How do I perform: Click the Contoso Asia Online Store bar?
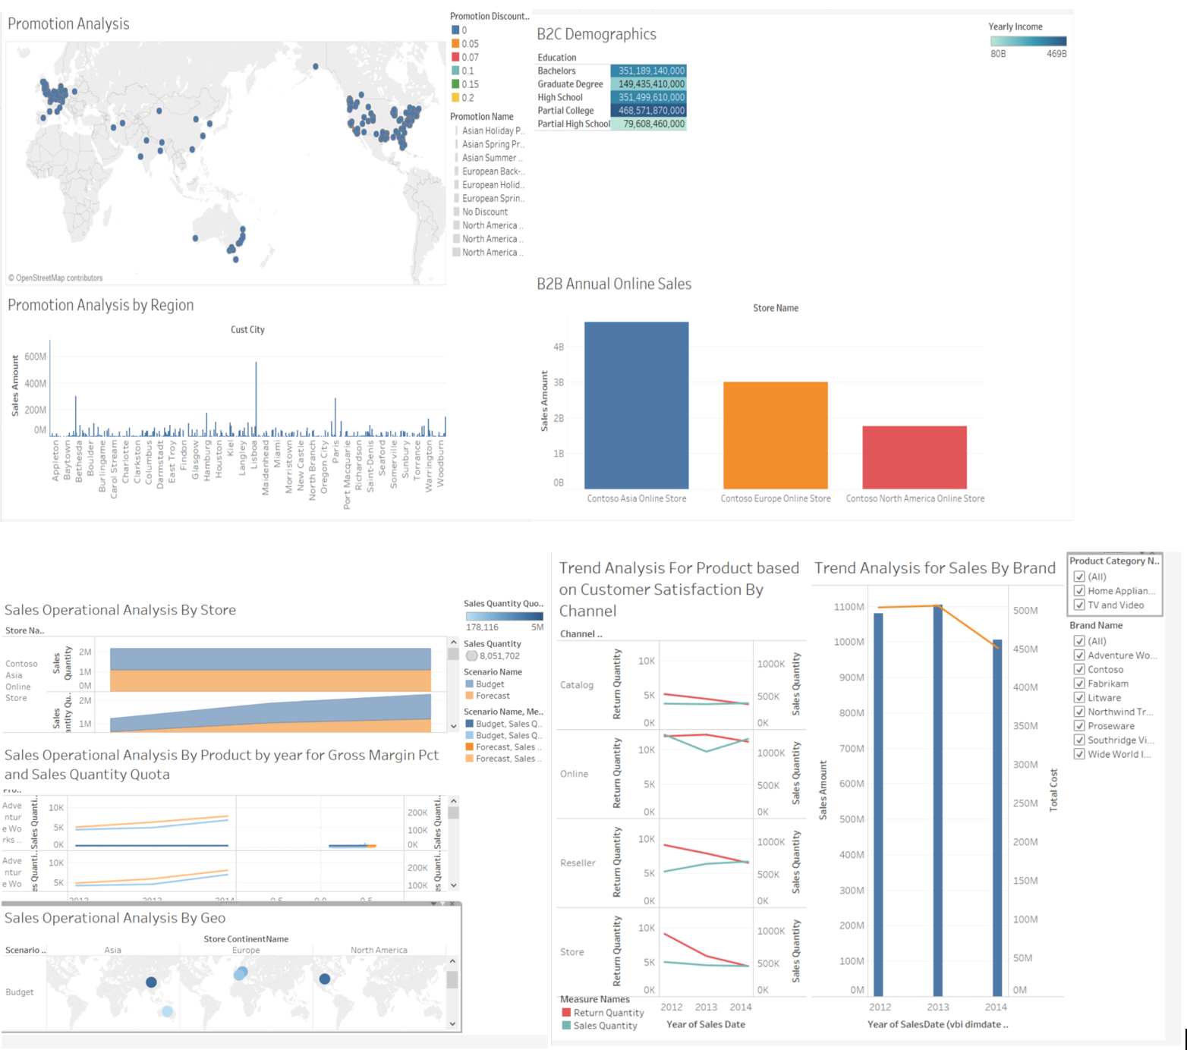[x=636, y=405]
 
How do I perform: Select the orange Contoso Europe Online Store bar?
[x=775, y=435]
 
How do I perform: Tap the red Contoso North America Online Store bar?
[x=914, y=457]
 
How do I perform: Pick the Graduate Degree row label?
[x=570, y=84]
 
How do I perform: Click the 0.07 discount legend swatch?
[x=455, y=57]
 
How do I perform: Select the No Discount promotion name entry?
[x=484, y=212]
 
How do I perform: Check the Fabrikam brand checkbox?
[x=1079, y=684]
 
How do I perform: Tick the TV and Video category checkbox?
[x=1079, y=605]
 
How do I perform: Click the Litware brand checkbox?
[x=1079, y=698]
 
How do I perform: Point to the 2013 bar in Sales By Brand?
[x=937, y=800]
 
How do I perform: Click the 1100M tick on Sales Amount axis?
[x=849, y=607]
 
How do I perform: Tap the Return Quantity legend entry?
[x=608, y=1013]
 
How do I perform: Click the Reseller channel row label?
[x=578, y=863]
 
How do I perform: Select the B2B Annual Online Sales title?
[x=613, y=284]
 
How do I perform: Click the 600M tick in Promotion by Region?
[x=35, y=357]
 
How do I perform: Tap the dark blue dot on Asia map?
[x=151, y=982]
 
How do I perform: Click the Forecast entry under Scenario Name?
[x=492, y=696]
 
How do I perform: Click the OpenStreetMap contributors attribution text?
[x=58, y=278]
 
